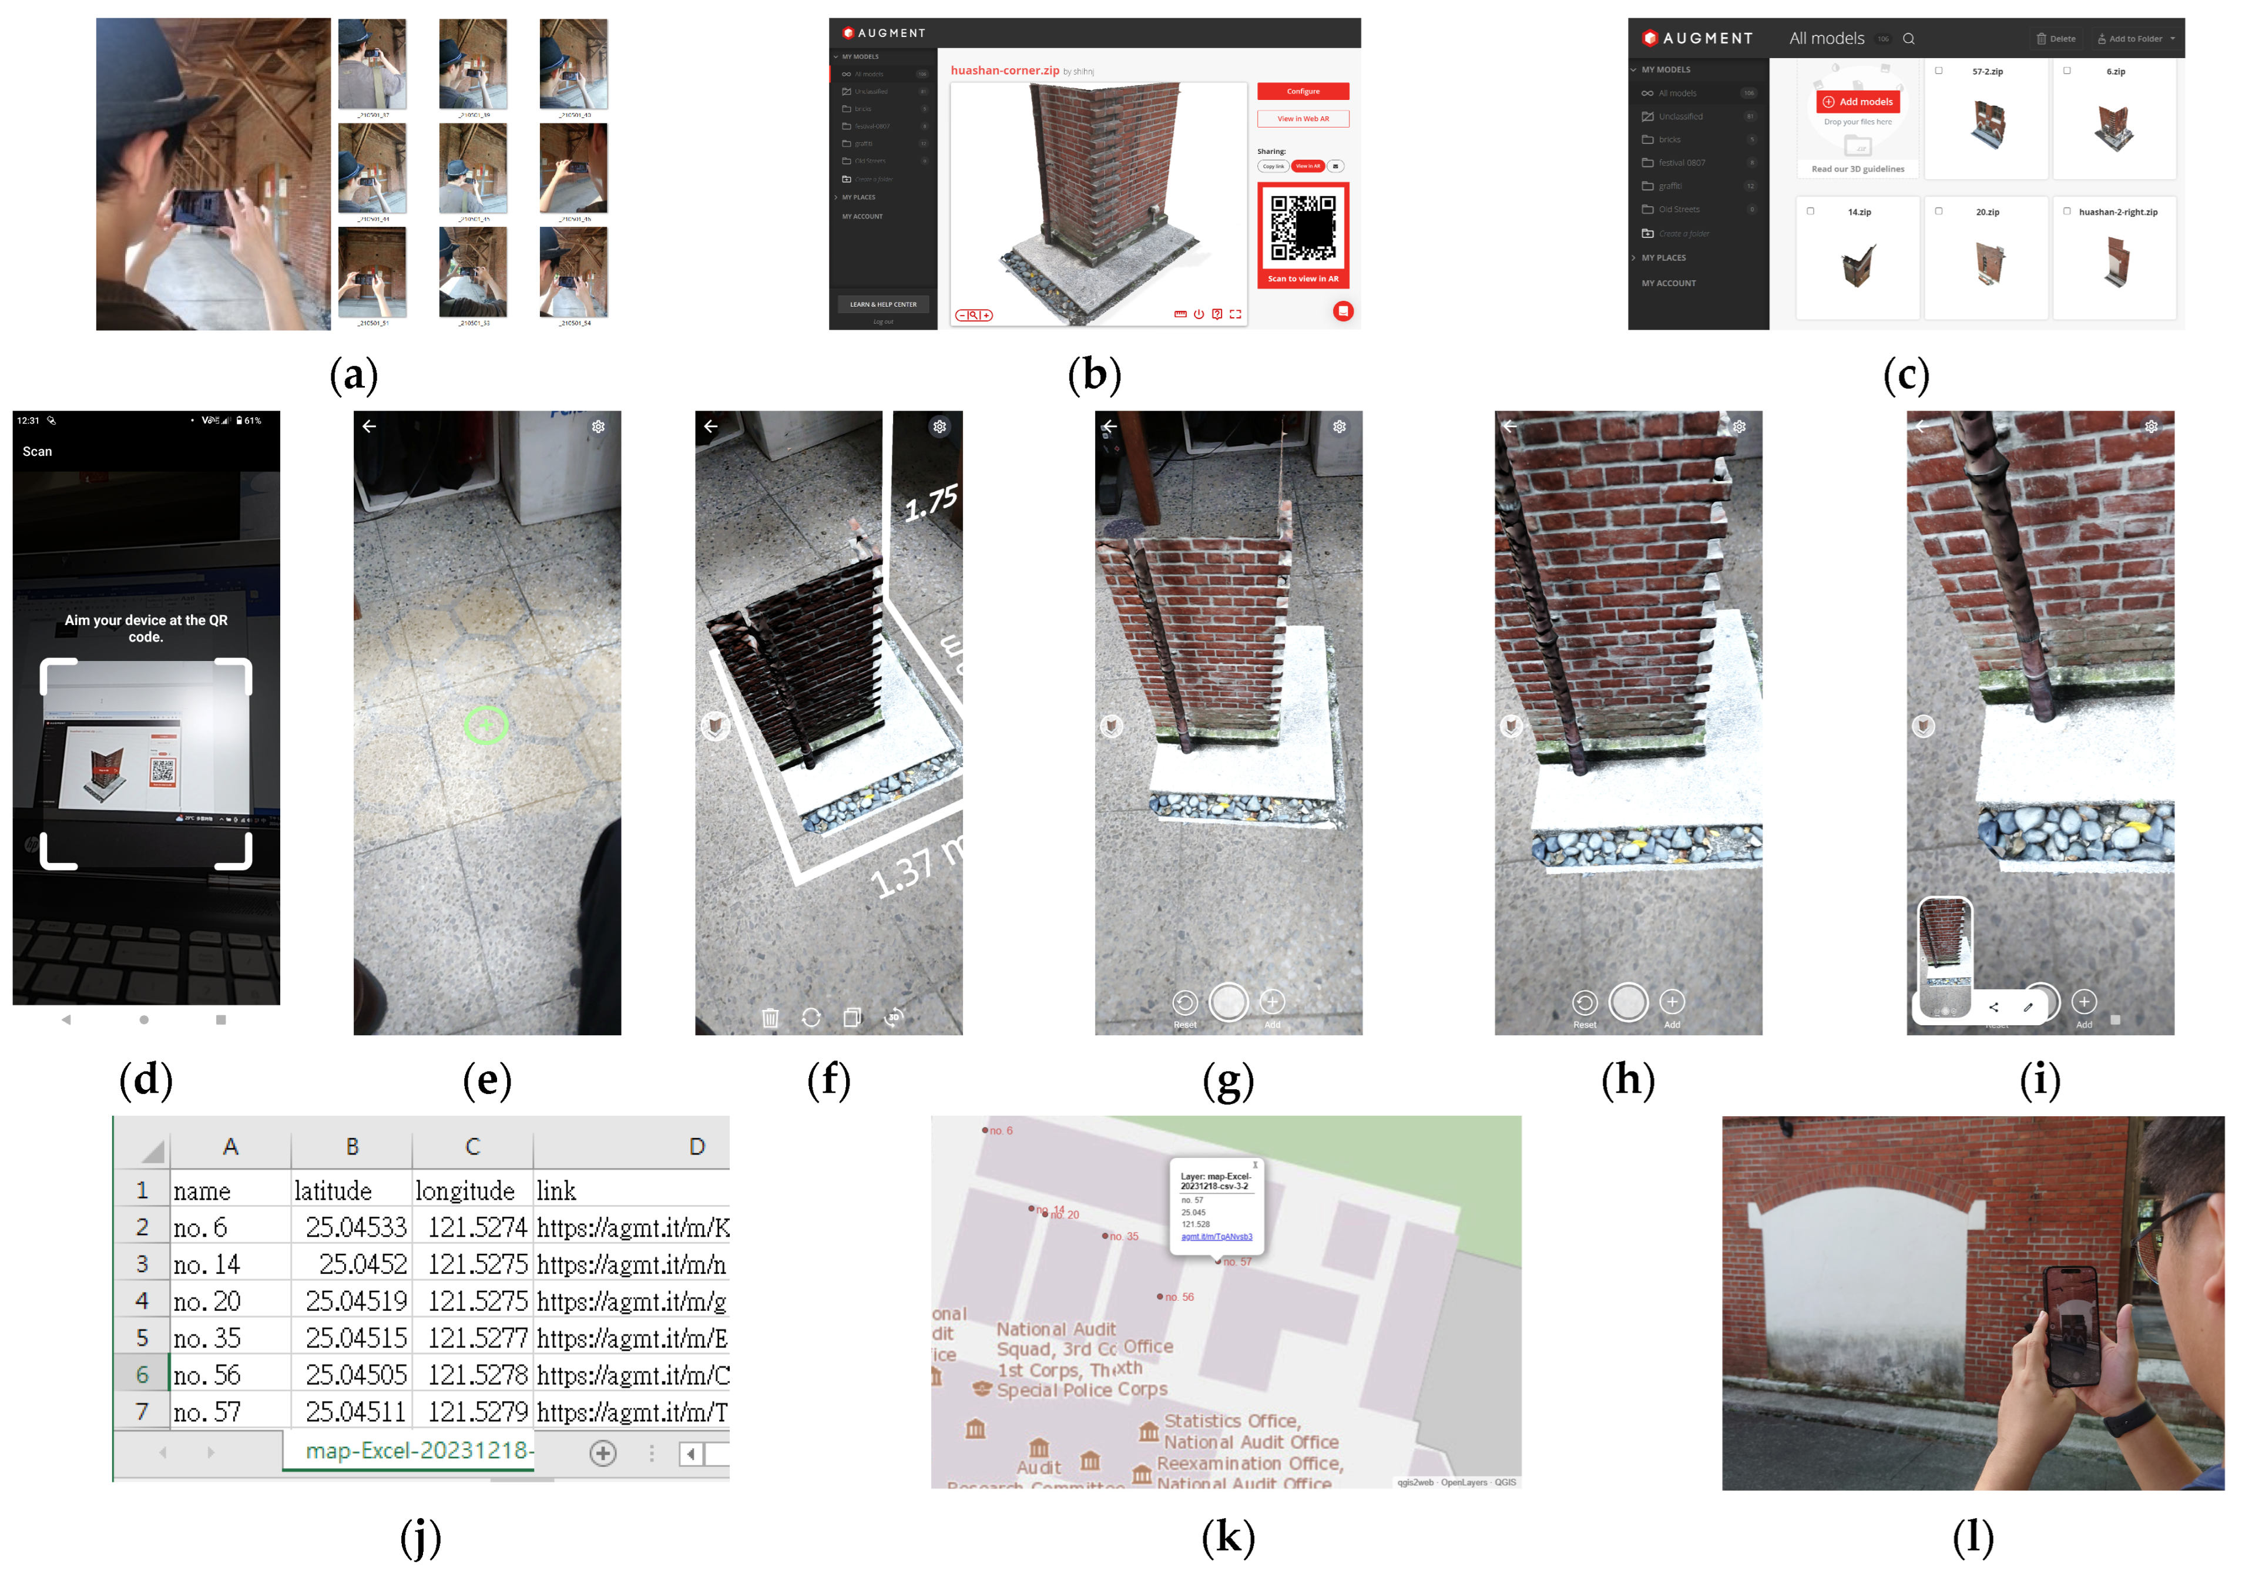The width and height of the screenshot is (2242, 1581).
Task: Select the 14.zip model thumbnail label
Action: tap(1859, 212)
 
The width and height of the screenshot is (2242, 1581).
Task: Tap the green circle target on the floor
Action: tap(485, 724)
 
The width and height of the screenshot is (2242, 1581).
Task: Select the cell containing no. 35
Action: tap(207, 1338)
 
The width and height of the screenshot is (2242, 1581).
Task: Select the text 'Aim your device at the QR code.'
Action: tap(146, 628)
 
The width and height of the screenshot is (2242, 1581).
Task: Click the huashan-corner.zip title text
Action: tap(1005, 71)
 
